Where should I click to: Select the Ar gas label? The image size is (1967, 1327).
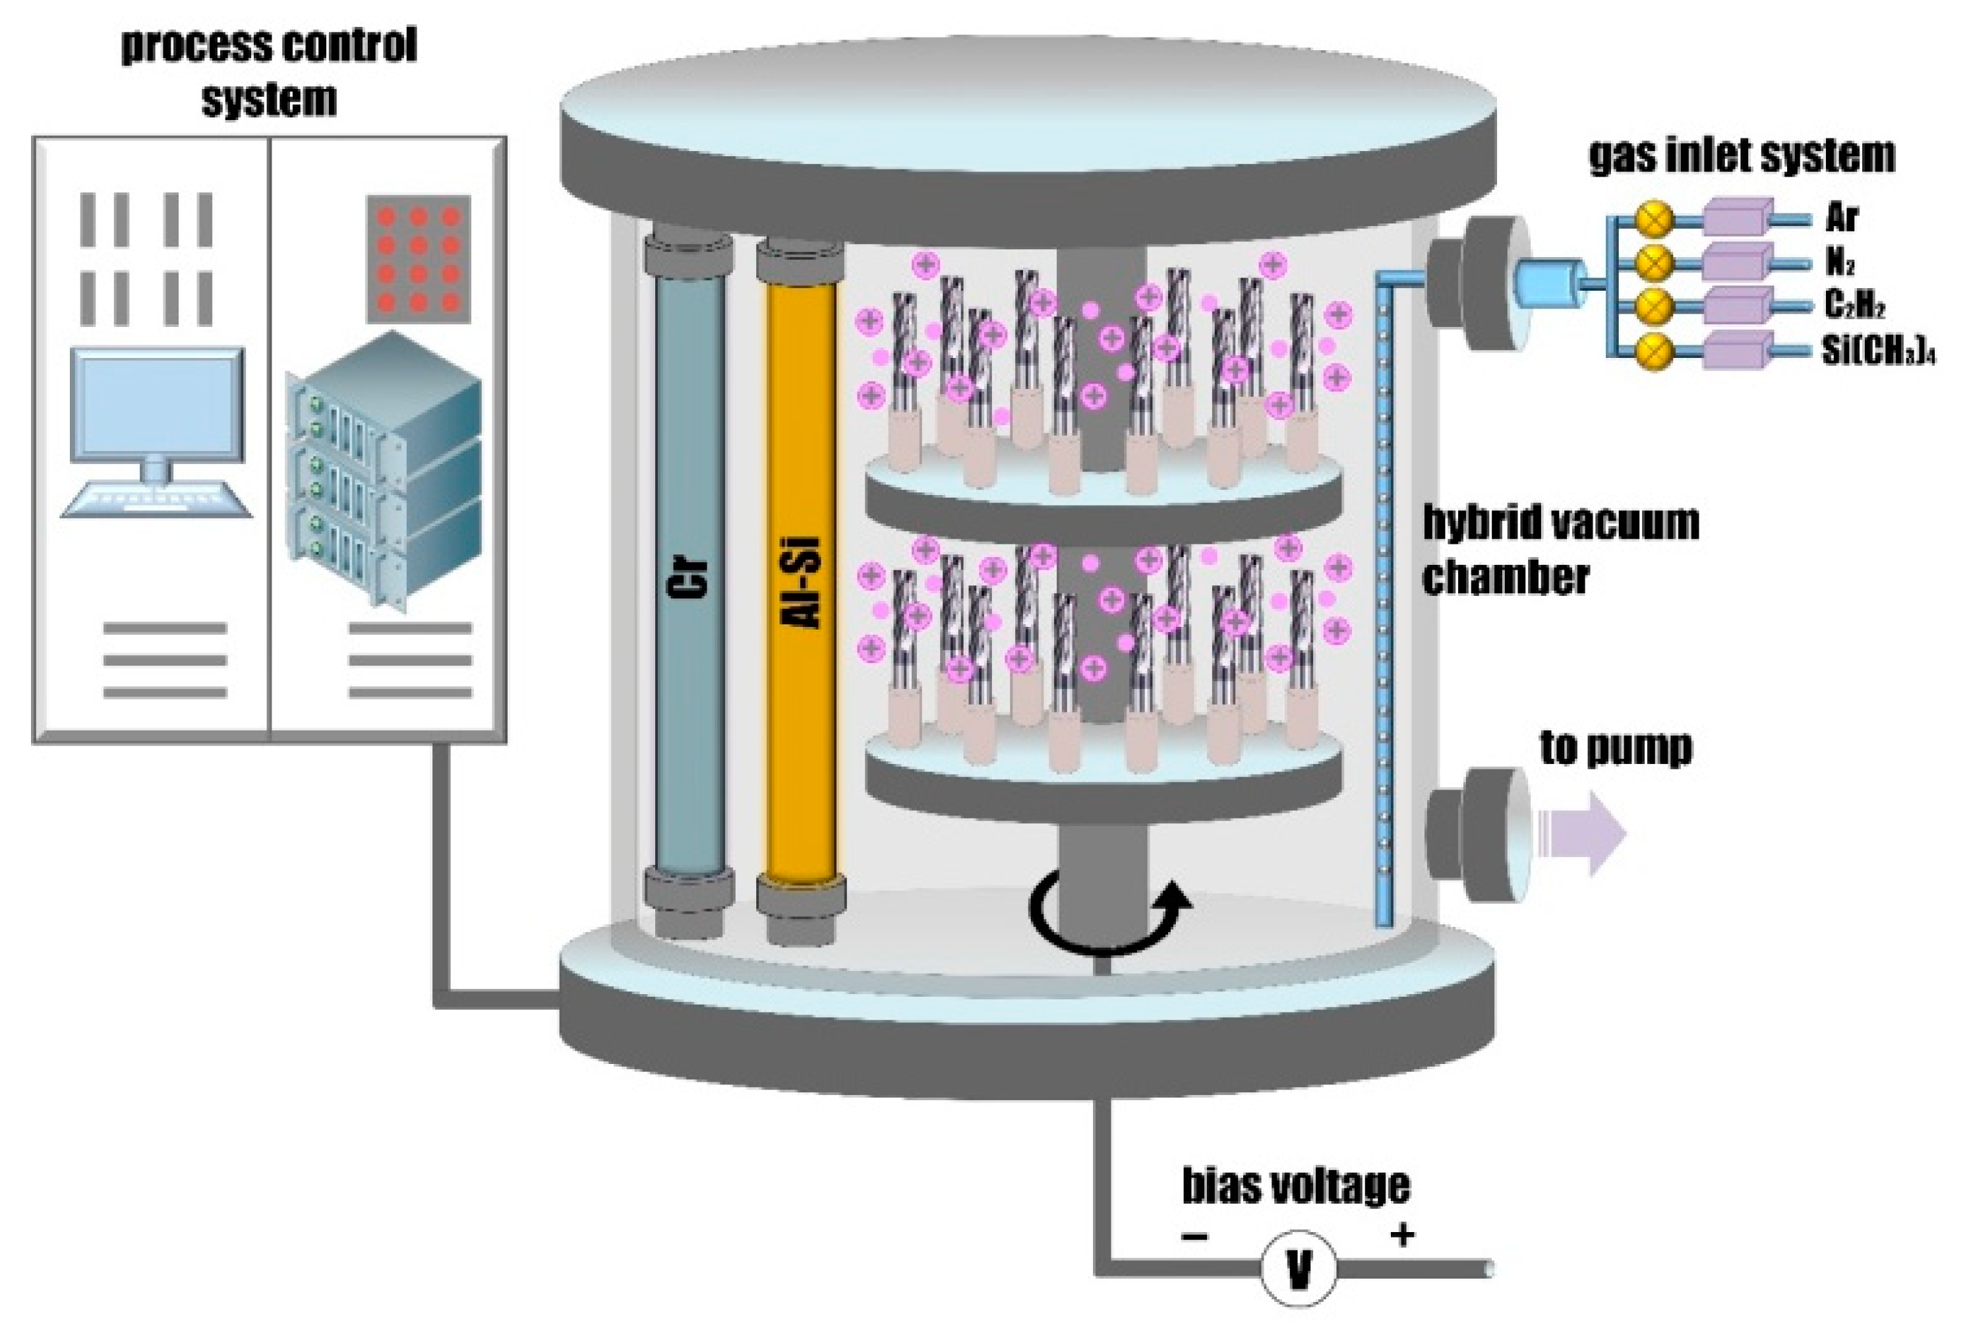1841,218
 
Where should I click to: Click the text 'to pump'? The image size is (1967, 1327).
1615,748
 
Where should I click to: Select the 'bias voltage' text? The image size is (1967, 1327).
1295,1186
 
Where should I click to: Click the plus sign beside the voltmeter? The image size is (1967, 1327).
1402,1235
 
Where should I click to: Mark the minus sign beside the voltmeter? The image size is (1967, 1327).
1194,1237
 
